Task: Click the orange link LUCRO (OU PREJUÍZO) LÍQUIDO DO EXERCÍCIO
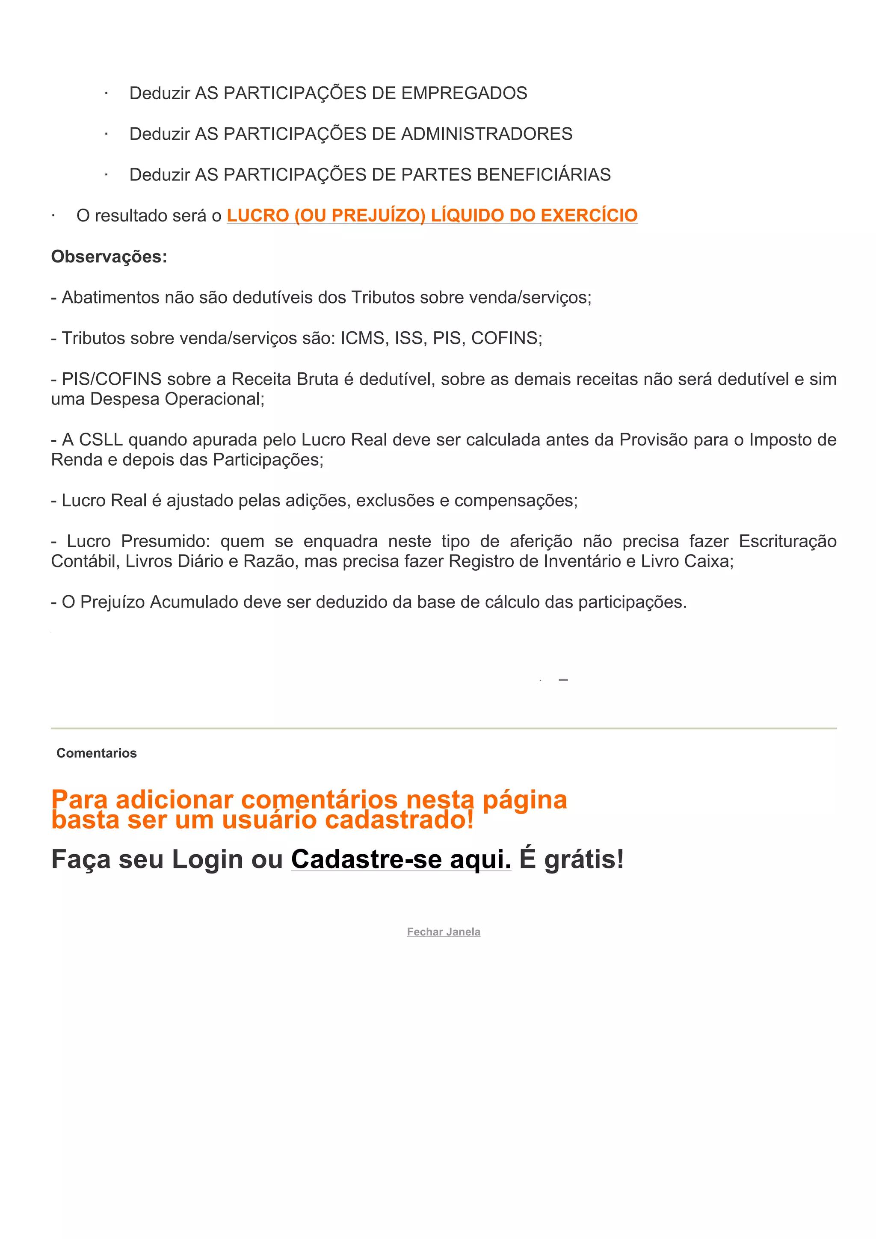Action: coord(432,215)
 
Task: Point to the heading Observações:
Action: coord(109,257)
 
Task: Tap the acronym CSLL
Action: coord(101,440)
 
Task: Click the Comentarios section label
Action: coord(97,753)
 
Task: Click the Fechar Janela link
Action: coord(444,932)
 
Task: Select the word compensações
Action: coord(515,501)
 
